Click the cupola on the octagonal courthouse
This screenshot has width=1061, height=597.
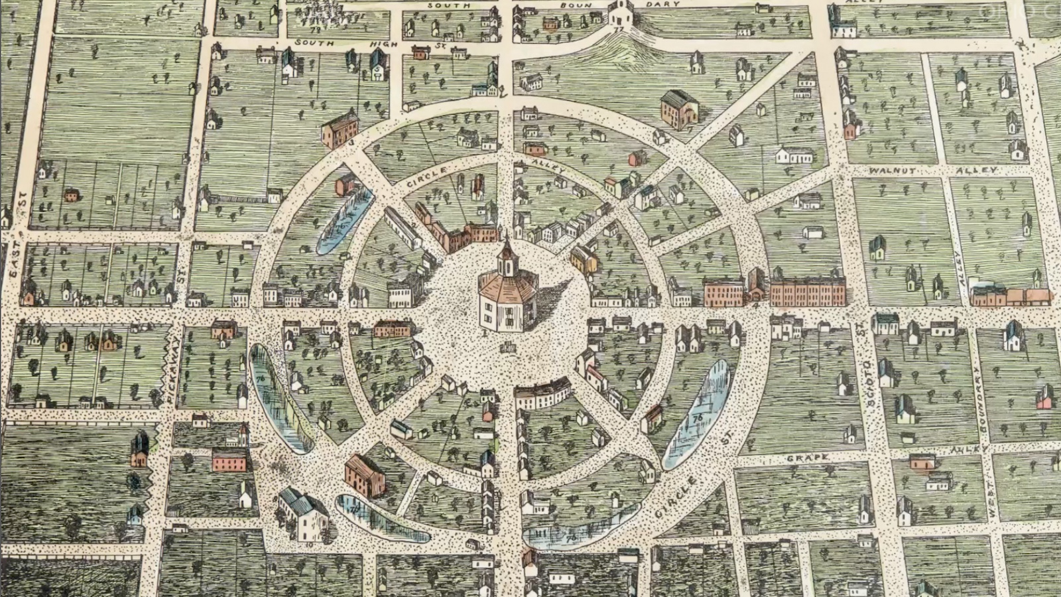point(507,255)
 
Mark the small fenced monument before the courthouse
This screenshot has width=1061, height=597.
point(509,347)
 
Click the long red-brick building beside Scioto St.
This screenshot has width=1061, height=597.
point(807,292)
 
